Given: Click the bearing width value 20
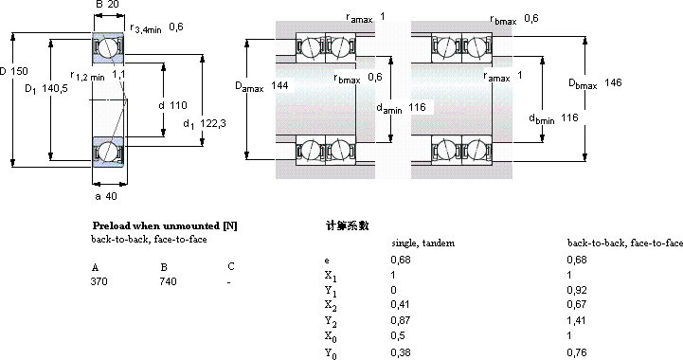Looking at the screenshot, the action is point(113,5).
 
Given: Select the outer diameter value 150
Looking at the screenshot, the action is point(19,71).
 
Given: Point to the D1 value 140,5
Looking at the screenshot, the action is point(55,89).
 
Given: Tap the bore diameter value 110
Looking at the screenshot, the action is point(178,105).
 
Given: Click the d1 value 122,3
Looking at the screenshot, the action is point(213,123).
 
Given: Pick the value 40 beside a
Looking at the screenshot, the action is point(112,196).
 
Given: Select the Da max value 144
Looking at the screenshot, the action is point(279,85).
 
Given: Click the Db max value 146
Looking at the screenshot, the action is point(613,82).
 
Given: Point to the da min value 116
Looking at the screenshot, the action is point(417,107).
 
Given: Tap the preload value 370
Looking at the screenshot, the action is point(99,281).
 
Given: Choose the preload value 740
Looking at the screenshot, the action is point(168,281).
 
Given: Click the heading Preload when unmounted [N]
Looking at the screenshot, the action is point(165,225).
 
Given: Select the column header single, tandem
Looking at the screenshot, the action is point(422,243).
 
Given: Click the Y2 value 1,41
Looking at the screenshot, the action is point(576,320).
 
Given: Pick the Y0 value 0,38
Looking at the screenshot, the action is point(401,351).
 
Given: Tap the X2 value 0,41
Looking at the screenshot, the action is point(401,304).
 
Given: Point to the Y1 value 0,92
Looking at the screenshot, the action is point(577,290).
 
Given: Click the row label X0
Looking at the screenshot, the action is point(331,337).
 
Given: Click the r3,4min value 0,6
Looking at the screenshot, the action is point(176,27).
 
